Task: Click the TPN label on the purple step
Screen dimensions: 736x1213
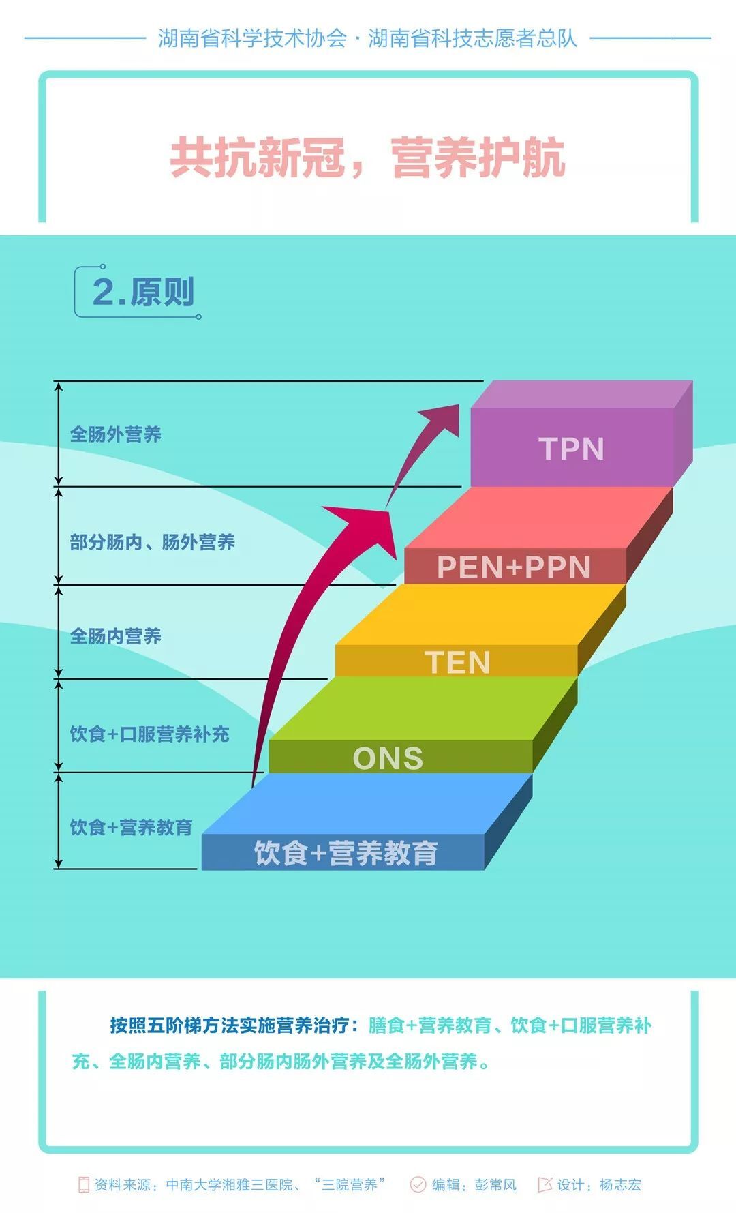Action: tap(571, 449)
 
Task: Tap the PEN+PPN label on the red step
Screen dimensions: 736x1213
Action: tap(513, 567)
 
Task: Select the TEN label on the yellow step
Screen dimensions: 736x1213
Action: tap(457, 662)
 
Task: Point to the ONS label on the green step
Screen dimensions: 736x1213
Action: tap(388, 758)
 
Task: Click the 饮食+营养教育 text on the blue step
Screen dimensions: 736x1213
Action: tap(346, 853)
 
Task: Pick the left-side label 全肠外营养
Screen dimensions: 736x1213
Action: tap(115, 434)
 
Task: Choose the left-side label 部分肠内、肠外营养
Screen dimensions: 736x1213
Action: tap(152, 542)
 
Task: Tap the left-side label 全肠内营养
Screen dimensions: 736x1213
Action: tap(115, 636)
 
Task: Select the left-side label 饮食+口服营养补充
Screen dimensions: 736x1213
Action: tap(149, 734)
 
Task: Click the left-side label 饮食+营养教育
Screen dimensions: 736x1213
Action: tap(131, 827)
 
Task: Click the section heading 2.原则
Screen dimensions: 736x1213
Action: tap(143, 292)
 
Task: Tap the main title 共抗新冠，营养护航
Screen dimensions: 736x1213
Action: tap(367, 158)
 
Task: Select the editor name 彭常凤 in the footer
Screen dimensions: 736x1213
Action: tap(495, 1185)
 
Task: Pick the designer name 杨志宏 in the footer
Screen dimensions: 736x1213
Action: tap(620, 1185)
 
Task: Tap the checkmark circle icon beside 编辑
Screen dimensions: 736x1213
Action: tap(418, 1185)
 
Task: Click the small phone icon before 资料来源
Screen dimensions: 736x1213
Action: tap(84, 1185)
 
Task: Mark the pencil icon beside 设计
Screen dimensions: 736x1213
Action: tap(545, 1184)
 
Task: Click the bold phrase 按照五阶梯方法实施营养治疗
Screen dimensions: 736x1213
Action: tap(230, 1025)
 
